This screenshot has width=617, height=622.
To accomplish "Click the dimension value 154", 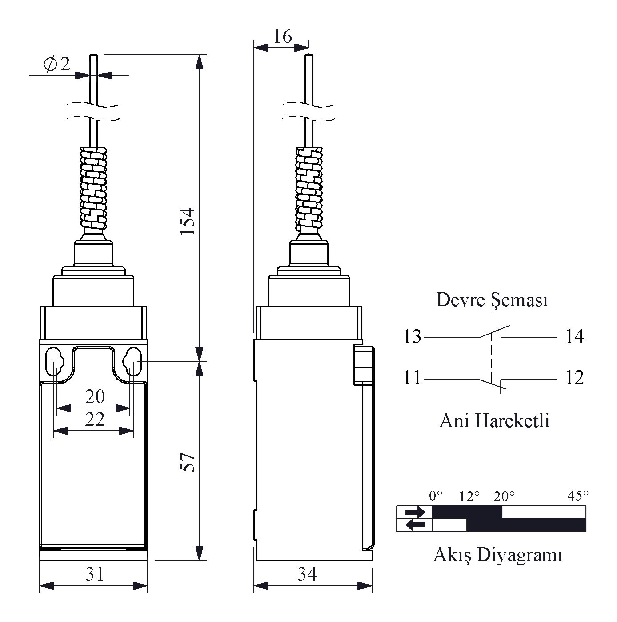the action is tap(188, 222).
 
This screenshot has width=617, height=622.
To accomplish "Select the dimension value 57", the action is tap(188, 462).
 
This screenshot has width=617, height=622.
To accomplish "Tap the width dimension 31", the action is tap(95, 574).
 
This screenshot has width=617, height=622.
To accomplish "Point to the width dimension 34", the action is tap(307, 574).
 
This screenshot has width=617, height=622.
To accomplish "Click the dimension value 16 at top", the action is tap(283, 36).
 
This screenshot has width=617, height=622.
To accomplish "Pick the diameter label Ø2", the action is tap(57, 64).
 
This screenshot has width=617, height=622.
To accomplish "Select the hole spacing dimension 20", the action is tap(95, 397).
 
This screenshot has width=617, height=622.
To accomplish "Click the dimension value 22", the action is tap(95, 419).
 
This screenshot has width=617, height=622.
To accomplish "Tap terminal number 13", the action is tap(412, 336).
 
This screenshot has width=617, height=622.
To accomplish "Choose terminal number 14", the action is tap(574, 336).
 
